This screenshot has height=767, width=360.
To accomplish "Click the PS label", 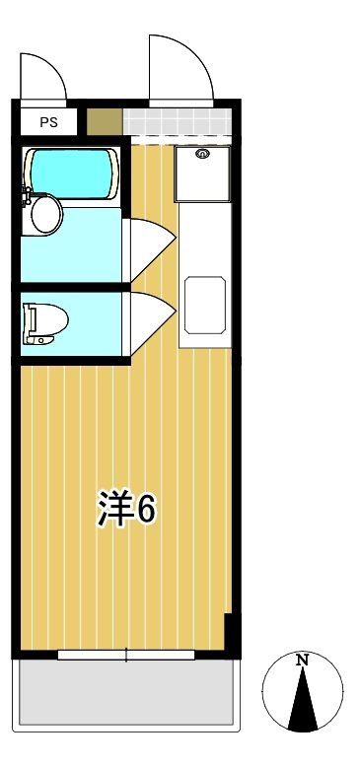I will (48, 122).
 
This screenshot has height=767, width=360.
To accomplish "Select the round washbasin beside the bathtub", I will (43, 214).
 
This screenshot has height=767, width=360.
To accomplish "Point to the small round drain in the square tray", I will (204, 154).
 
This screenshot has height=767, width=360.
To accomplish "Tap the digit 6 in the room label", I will (146, 509).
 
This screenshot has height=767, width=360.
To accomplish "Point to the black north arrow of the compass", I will (304, 703).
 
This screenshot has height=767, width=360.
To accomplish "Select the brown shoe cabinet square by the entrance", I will (102, 122).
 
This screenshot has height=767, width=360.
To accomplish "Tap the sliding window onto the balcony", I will (126, 655).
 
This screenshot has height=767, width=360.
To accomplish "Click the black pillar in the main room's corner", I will (232, 631).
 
